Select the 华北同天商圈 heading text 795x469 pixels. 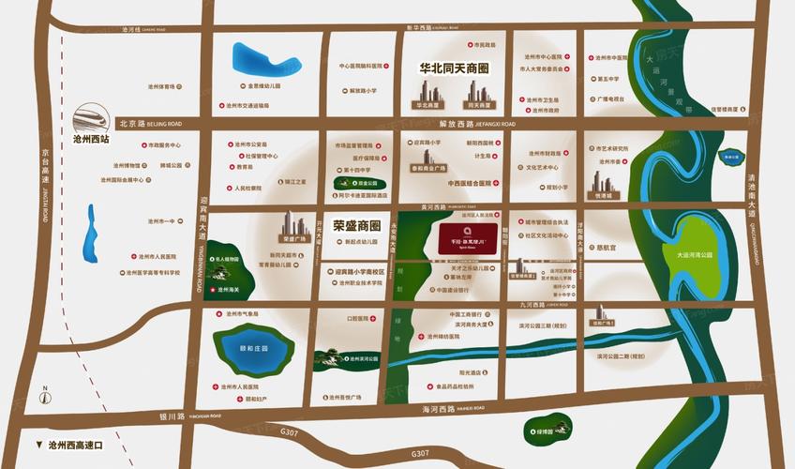pos(454,68)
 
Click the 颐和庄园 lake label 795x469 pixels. pos(253,348)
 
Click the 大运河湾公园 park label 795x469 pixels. pos(693,254)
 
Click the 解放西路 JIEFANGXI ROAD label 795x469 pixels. pos(463,124)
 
